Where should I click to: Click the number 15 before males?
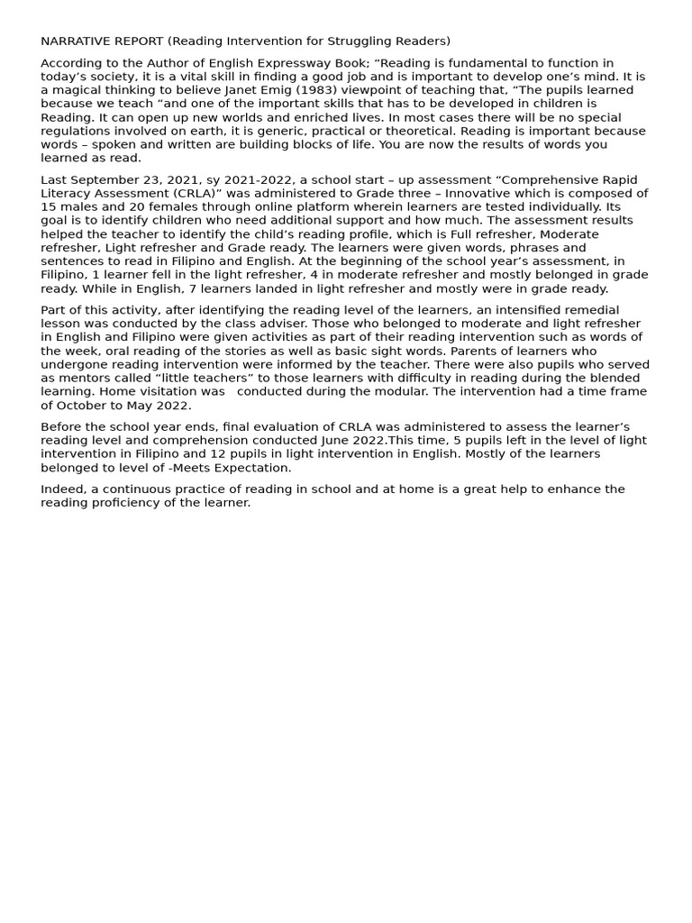(x=49, y=207)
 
